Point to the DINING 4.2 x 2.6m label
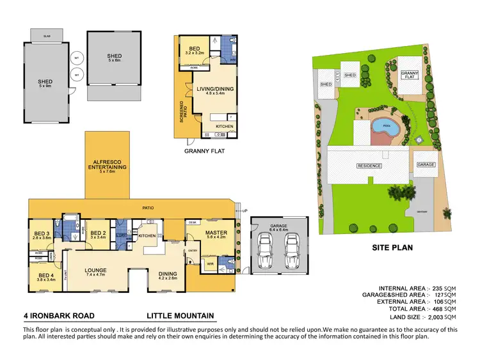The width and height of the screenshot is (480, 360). click(167, 276)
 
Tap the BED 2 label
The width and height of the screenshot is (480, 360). click(98, 235)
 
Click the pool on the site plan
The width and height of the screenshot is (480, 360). click(386, 126)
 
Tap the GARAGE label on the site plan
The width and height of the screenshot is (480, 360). click(426, 164)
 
